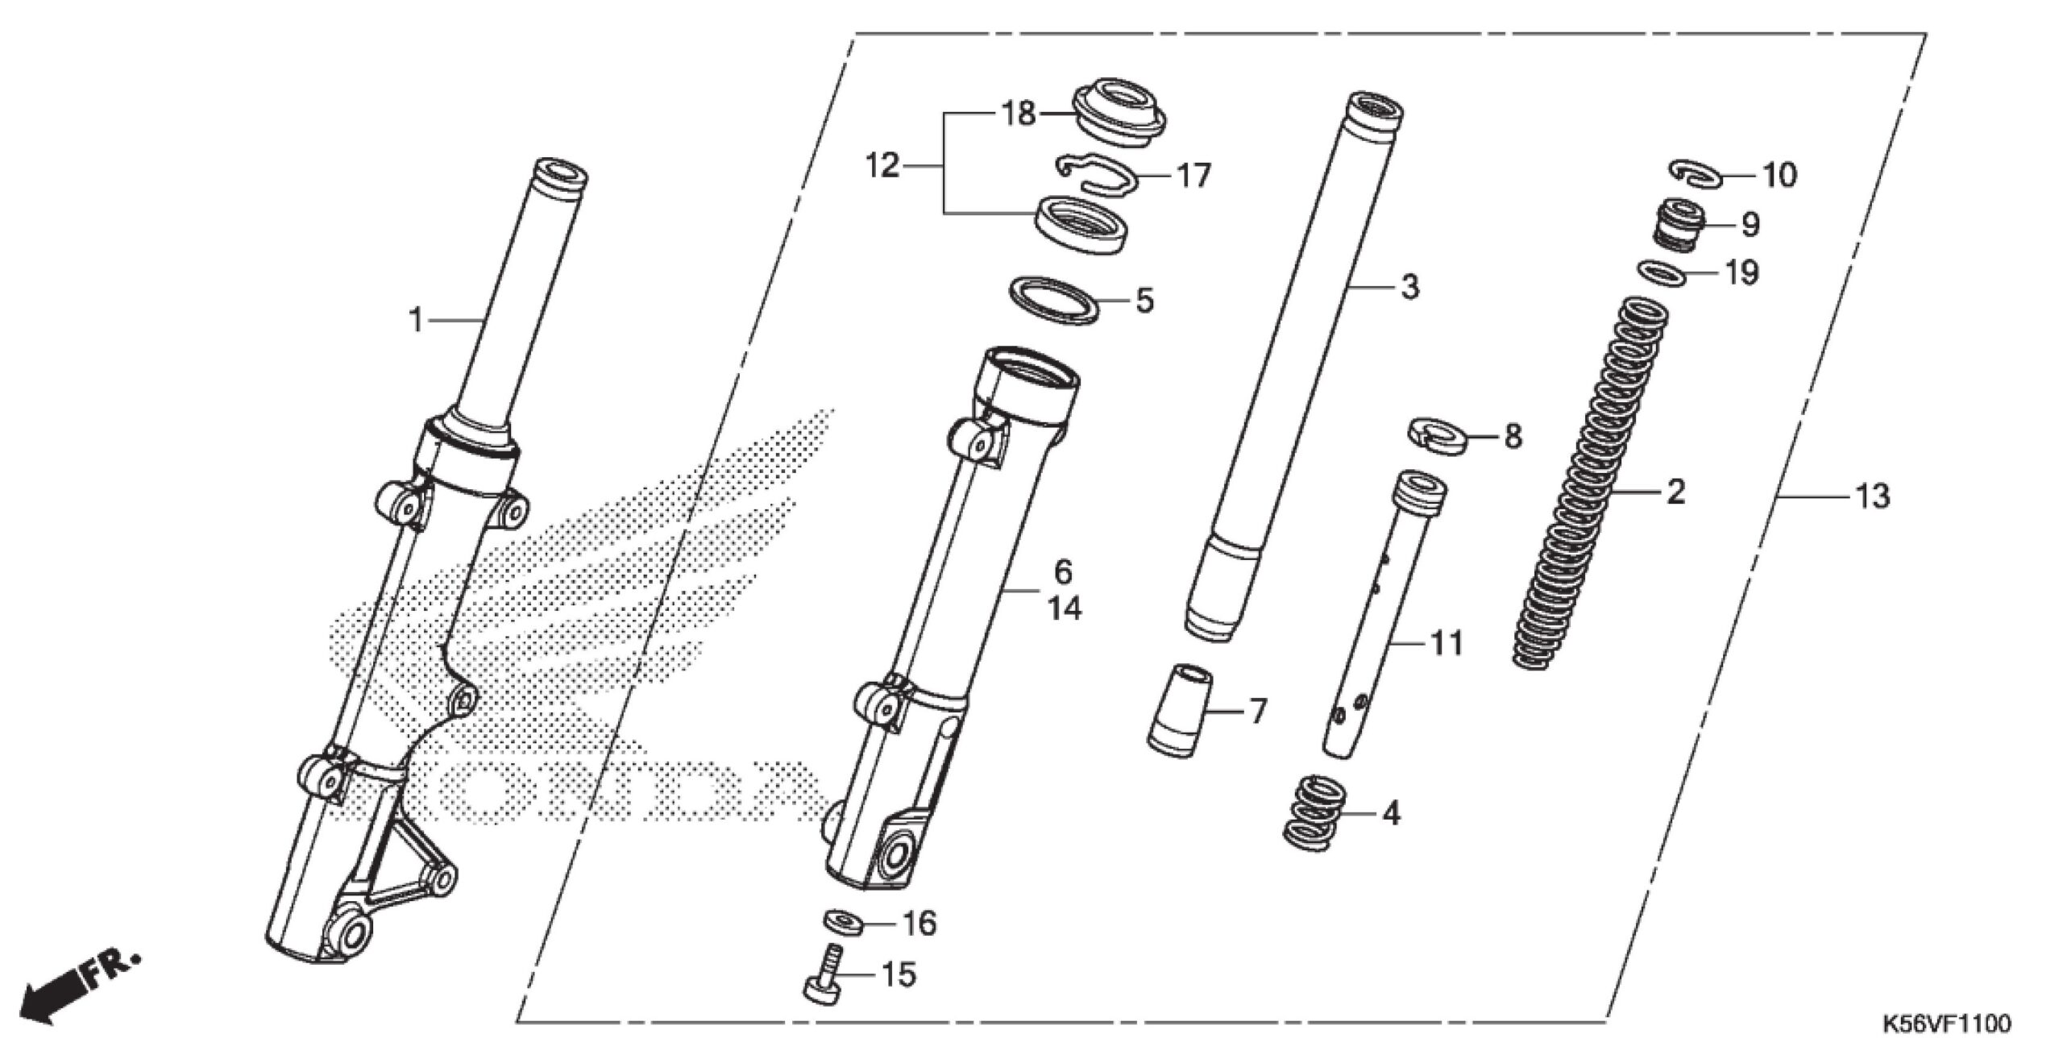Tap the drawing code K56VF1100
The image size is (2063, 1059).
[1945, 1024]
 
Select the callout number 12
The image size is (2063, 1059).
[882, 167]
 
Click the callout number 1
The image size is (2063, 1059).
[416, 320]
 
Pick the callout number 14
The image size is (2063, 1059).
[1064, 608]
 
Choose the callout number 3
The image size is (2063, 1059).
[1409, 287]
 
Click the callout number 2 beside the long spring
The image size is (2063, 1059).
[1676, 492]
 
